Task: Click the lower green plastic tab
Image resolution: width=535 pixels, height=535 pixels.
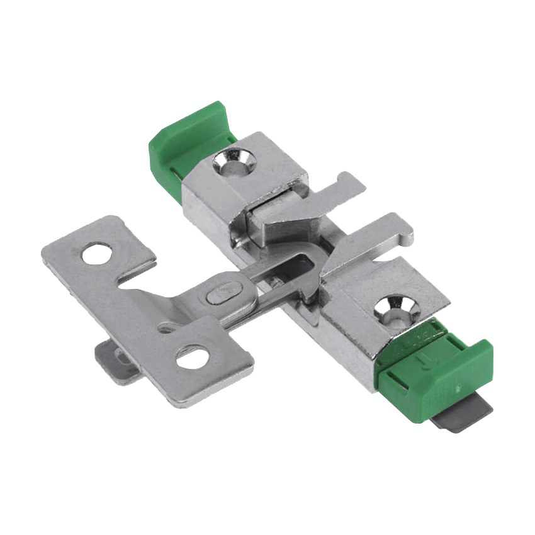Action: (441, 371)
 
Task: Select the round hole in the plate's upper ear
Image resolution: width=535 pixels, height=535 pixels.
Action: (95, 254)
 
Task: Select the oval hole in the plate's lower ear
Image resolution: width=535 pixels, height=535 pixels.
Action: (192, 358)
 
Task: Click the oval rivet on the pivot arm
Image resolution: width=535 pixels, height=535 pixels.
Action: (223, 293)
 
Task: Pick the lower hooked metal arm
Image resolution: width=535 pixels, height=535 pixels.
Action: (365, 245)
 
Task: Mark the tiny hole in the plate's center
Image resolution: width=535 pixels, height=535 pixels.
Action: (166, 327)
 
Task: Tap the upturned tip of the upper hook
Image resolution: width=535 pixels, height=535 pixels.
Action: (345, 176)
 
